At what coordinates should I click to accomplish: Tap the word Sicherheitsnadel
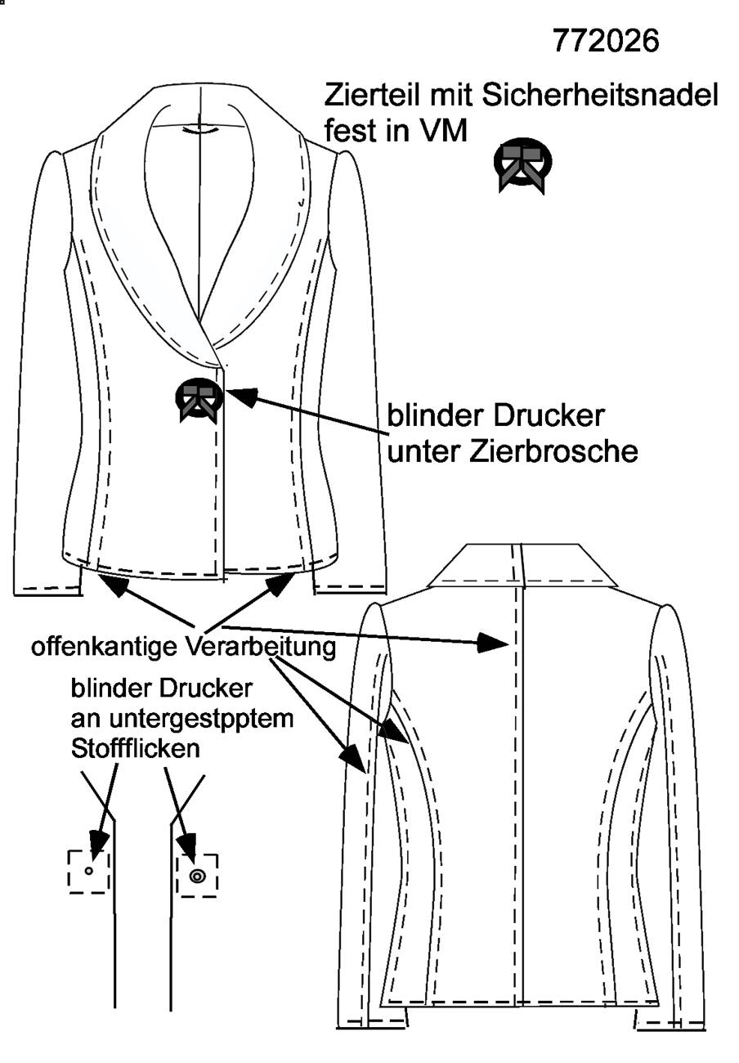pos(600,95)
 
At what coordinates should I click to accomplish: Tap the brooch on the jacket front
pos(199,400)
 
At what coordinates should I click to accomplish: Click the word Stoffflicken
pos(135,749)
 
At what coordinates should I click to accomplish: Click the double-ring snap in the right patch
pos(197,877)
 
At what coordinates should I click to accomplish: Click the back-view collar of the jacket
pos(522,567)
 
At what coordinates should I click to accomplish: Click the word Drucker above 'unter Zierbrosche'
pos(549,416)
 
